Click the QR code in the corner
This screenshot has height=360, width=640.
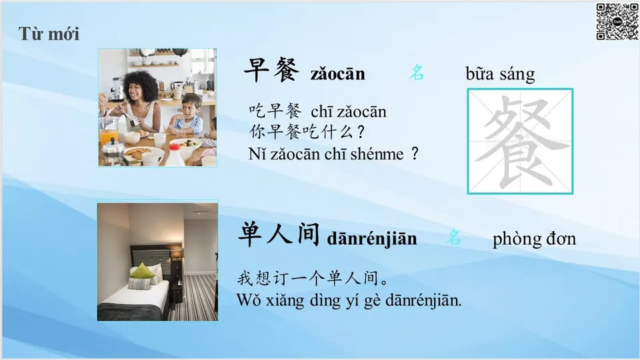pyautogui.click(x=617, y=22)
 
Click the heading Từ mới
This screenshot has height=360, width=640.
pyautogui.click(x=49, y=34)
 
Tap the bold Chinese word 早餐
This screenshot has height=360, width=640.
pyautogui.click(x=271, y=70)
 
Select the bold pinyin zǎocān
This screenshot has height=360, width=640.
pyautogui.click(x=337, y=73)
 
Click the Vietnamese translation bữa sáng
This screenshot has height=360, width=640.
pyautogui.click(x=500, y=74)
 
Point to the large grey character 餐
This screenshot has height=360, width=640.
pyautogui.click(x=520, y=141)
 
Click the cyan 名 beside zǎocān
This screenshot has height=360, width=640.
pyautogui.click(x=417, y=73)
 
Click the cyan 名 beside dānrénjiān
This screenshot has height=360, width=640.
pyautogui.click(x=454, y=237)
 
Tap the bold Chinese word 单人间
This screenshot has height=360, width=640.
pyautogui.click(x=279, y=235)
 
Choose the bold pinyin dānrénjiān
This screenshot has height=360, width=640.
pyautogui.click(x=372, y=239)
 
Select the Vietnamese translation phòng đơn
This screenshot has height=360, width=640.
pyautogui.click(x=534, y=239)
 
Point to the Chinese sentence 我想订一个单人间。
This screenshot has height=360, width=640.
pyautogui.click(x=313, y=278)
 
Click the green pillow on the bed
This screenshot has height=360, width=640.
pyautogui.click(x=143, y=271)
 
